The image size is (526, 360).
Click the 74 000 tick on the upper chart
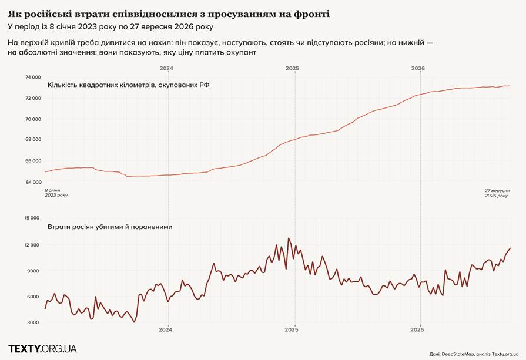(33, 77)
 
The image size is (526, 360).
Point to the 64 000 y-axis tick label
(33, 182)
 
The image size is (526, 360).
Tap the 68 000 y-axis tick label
(33, 140)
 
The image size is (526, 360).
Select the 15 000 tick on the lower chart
(32, 218)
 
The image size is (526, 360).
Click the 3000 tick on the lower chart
(33, 322)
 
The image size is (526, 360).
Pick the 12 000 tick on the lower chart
(32, 245)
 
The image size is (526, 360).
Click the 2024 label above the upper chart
(166, 68)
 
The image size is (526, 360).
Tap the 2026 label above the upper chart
(418, 68)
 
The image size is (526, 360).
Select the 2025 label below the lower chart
(292, 330)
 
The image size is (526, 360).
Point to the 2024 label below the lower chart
(165, 330)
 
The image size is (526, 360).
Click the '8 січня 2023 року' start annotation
(56, 193)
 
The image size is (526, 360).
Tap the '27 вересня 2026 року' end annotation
(497, 193)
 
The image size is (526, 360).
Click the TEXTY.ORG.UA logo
(42, 349)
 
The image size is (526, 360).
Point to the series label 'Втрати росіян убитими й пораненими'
(110, 227)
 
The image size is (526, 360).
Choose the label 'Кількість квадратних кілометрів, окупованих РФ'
(129, 85)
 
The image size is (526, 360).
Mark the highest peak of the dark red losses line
(289, 238)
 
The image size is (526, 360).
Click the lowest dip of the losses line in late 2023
(134, 322)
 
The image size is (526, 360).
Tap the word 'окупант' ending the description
(243, 53)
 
